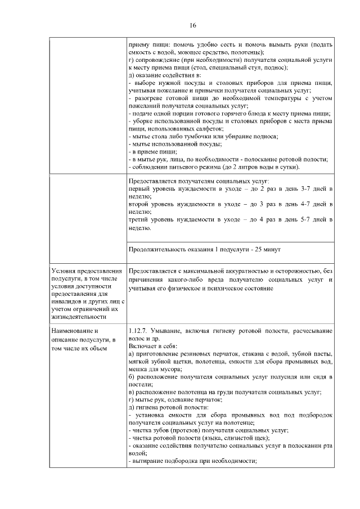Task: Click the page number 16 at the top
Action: pos(192,26)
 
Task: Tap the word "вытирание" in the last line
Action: pos(150,459)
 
